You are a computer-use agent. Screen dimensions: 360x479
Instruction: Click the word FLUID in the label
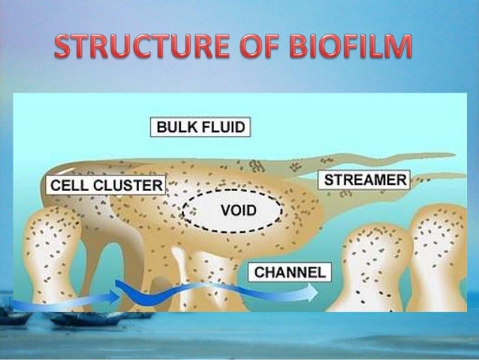point(224,127)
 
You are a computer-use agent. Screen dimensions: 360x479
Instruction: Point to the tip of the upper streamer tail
point(453,156)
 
